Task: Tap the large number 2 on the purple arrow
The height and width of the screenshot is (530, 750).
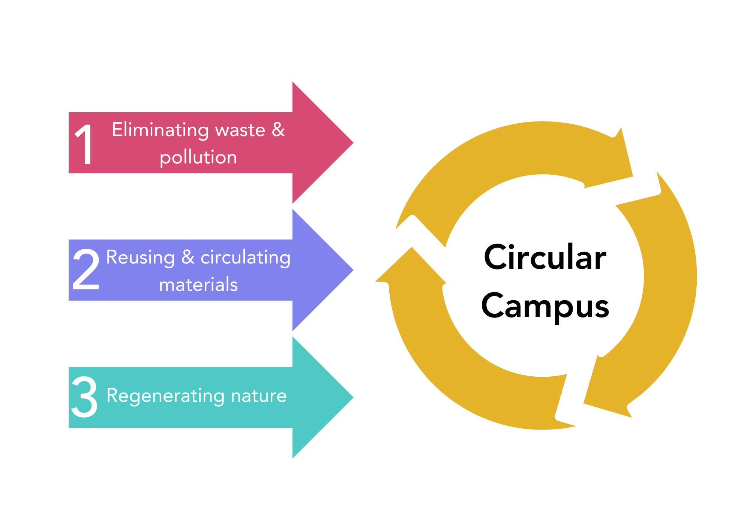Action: coord(86,270)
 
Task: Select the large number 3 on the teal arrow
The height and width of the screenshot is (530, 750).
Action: coord(84,397)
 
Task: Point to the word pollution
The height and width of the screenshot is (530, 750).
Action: coord(198,157)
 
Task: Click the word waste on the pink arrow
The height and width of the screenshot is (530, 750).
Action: coord(240,130)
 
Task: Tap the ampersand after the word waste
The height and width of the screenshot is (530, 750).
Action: coord(278,130)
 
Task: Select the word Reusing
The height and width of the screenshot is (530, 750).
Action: coord(140,258)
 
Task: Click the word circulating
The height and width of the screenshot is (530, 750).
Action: coord(245,258)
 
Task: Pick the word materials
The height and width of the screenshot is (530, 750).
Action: coord(198,284)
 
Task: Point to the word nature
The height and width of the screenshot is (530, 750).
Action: coord(258,396)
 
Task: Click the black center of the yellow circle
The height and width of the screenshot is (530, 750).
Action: coord(543,275)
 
